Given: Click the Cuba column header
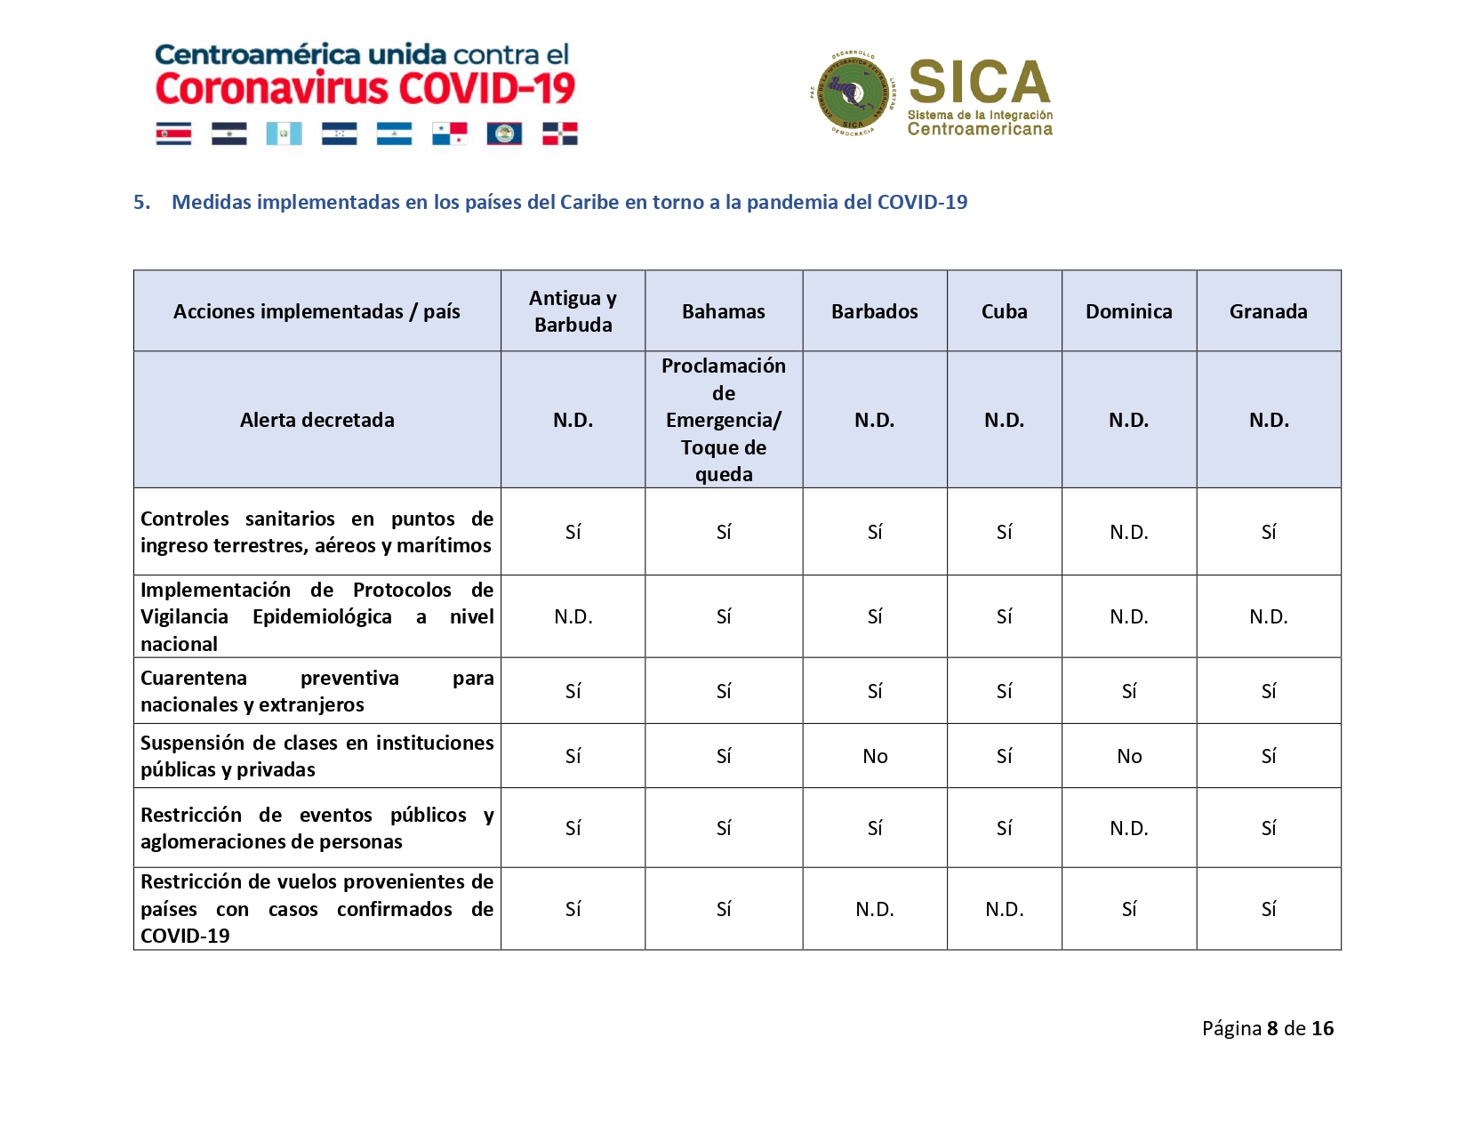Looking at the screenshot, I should (x=1004, y=311).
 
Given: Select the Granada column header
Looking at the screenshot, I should (x=1268, y=311).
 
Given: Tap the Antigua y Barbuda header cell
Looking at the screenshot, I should (x=573, y=311).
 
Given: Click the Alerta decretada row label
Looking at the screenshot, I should (x=317, y=420).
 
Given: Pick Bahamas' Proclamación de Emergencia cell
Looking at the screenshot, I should (x=723, y=420).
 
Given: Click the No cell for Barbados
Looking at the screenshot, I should (x=875, y=756).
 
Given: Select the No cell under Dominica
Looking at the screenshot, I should (x=1128, y=756).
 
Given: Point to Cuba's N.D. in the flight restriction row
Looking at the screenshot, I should (x=1004, y=909).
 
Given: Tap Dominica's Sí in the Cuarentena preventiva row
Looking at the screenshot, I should (x=1128, y=691).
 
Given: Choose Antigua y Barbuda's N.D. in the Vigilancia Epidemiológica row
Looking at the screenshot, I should (x=573, y=616).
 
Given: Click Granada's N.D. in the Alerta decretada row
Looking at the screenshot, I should (x=1268, y=420).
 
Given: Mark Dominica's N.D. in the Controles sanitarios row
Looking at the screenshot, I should (x=1128, y=532).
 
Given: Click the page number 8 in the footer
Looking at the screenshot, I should (x=1272, y=1028).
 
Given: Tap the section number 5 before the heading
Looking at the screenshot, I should (x=140, y=202).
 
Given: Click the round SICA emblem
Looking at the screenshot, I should (x=853, y=94).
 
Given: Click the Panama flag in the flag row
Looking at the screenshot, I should (x=449, y=134).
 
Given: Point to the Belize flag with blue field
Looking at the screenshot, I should (x=504, y=134).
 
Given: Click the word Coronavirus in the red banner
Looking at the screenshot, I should (x=271, y=89).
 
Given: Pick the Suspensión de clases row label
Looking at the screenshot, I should (x=317, y=756).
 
